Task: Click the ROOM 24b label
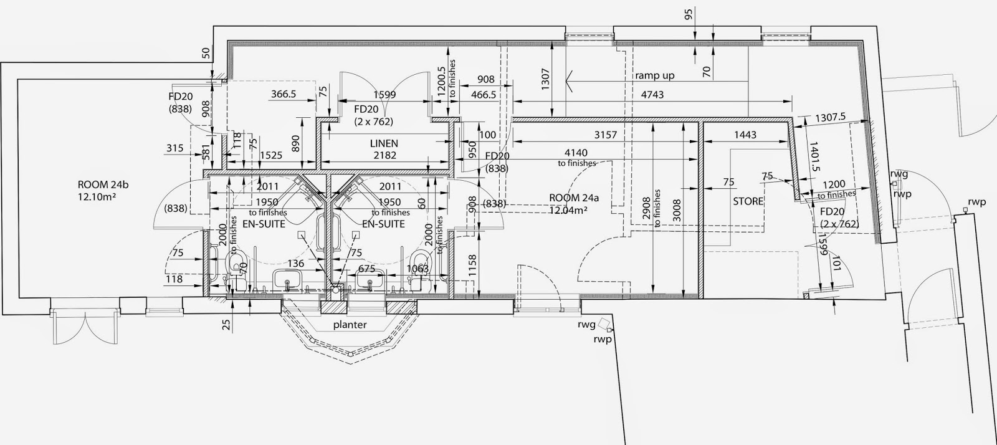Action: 103,184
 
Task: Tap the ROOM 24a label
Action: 574,198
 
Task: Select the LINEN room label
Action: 384,143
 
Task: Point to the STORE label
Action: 748,201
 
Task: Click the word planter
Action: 350,325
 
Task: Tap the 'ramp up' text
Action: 654,75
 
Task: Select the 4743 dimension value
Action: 652,95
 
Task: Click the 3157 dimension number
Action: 605,135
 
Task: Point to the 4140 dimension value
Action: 576,151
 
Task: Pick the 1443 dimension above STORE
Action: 745,135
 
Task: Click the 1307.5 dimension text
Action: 829,117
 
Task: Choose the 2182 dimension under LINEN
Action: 384,155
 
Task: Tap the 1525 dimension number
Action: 270,155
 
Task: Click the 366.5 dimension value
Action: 283,94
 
